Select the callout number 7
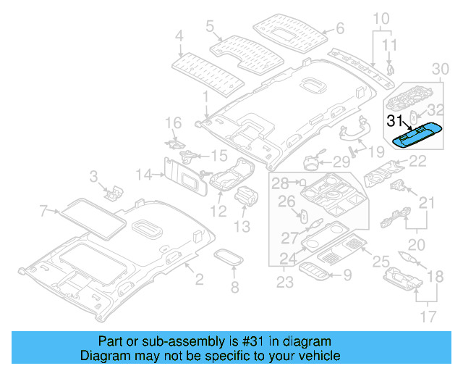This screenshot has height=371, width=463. point(44,211)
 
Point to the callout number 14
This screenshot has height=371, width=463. point(145,174)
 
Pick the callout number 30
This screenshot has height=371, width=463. point(440,68)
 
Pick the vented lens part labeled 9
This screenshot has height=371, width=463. point(316,271)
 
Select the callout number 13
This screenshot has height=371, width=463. point(241,227)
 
